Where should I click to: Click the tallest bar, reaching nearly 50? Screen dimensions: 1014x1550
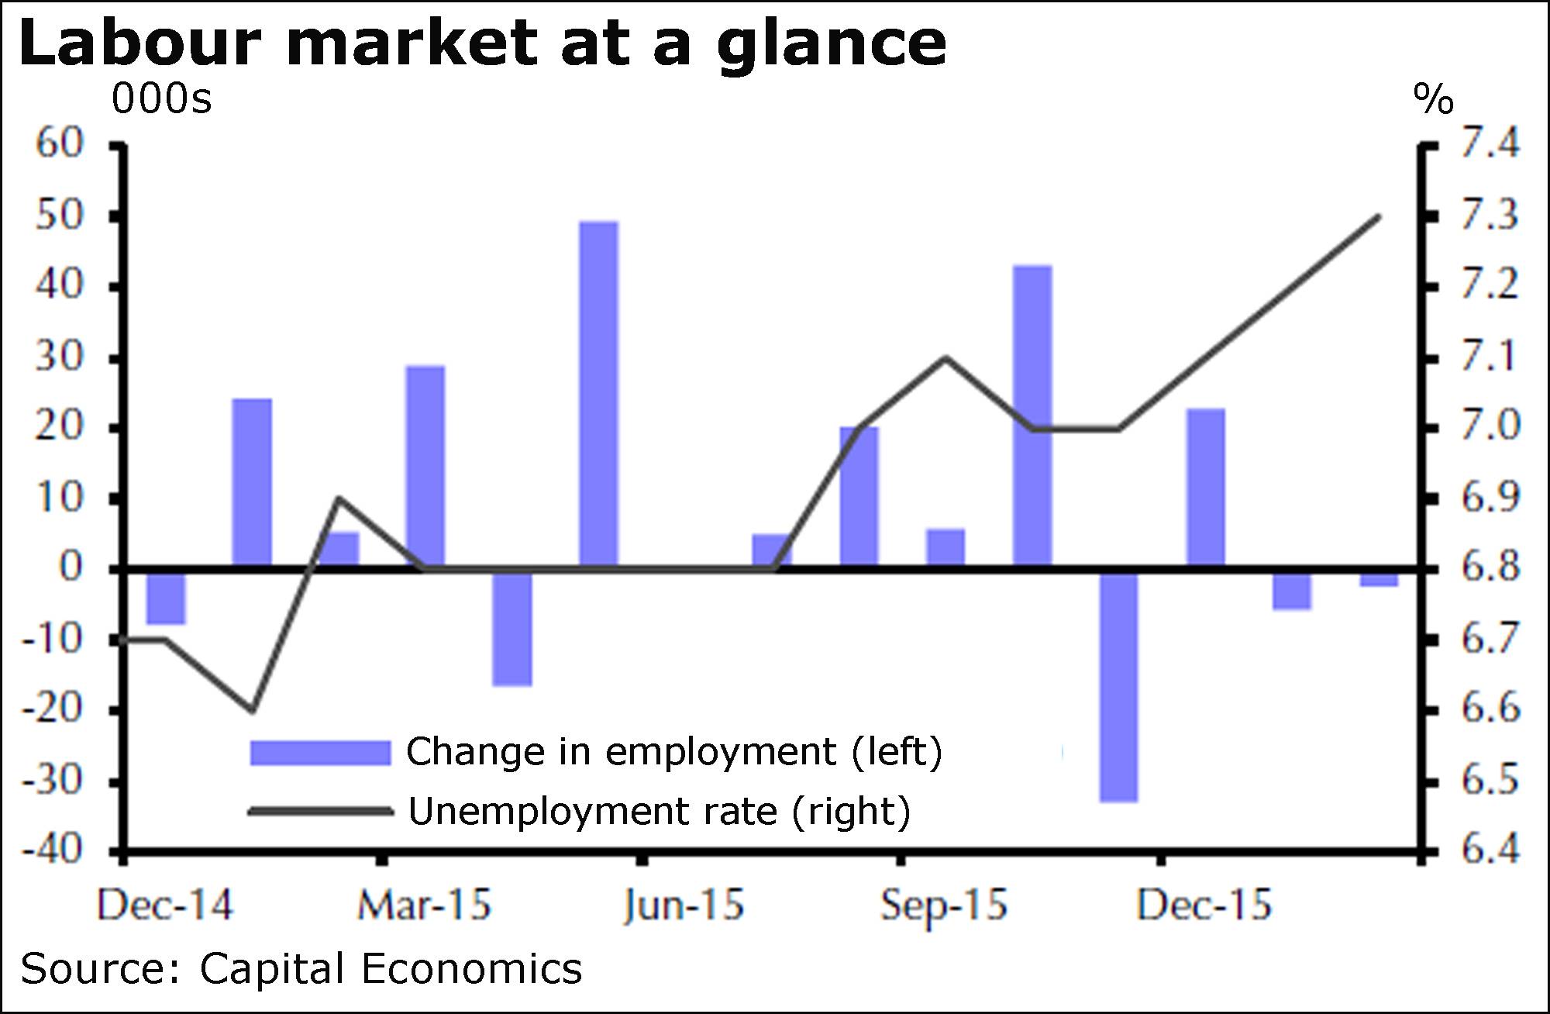point(599,394)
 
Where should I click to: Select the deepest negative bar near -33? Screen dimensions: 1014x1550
point(1119,686)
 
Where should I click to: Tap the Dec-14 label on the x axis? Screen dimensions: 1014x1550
point(164,905)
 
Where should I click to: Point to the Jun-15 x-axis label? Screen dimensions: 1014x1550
point(684,905)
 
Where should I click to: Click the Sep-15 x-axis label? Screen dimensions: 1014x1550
point(943,905)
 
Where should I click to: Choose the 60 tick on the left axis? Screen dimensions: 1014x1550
point(59,143)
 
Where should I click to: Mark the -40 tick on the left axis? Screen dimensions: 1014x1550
point(53,850)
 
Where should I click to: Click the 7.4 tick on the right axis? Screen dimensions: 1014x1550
point(1490,143)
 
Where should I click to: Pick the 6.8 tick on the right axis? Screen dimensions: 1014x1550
point(1490,567)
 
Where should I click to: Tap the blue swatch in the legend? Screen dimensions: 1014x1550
point(319,753)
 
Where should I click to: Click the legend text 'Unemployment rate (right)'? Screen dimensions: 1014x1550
point(660,812)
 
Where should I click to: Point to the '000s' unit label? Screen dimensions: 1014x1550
point(161,99)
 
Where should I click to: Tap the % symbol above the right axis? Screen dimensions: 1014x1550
point(1433,99)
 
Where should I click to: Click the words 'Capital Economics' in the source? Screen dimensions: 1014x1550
point(391,969)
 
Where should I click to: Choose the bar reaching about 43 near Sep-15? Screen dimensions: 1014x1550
point(1033,416)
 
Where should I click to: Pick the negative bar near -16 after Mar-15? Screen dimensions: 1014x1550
point(512,628)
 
